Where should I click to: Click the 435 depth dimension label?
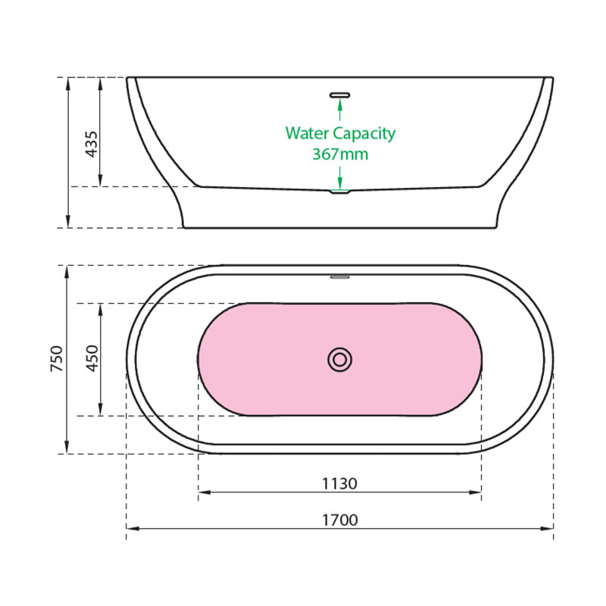click(x=92, y=144)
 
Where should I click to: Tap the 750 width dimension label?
click(x=57, y=359)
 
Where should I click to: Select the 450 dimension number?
click(x=92, y=358)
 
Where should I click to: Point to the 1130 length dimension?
click(x=339, y=483)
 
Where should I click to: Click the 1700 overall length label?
click(x=340, y=520)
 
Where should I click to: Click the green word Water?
click(x=308, y=133)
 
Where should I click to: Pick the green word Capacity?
click(x=364, y=134)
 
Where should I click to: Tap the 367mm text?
click(x=340, y=155)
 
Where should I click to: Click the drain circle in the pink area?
click(x=339, y=360)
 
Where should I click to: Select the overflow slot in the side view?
click(x=339, y=95)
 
